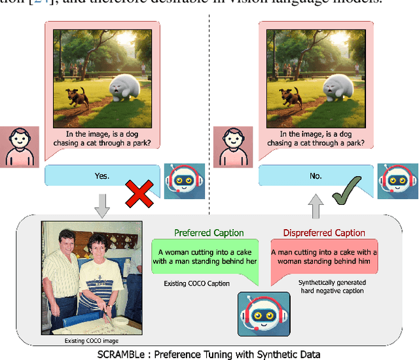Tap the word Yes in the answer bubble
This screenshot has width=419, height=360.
[x=102, y=176]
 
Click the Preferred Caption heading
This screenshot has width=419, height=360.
[x=209, y=233]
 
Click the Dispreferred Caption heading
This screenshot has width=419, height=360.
[x=324, y=233]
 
